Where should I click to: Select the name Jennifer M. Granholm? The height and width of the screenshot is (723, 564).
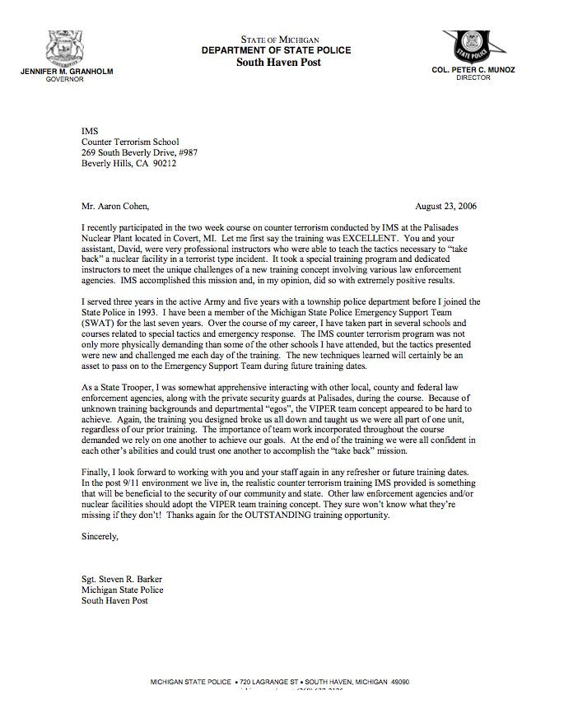[x=67, y=72]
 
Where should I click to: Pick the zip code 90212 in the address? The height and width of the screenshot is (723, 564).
[x=164, y=163]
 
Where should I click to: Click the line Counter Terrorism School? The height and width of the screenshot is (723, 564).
[x=129, y=142]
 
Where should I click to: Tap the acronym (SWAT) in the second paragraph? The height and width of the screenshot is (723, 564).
[x=98, y=323]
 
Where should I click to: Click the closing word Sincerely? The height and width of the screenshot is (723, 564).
[x=100, y=537]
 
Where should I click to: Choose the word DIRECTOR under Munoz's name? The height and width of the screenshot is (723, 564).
[x=473, y=78]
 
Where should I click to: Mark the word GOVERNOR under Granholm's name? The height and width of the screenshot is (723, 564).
[x=65, y=80]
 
